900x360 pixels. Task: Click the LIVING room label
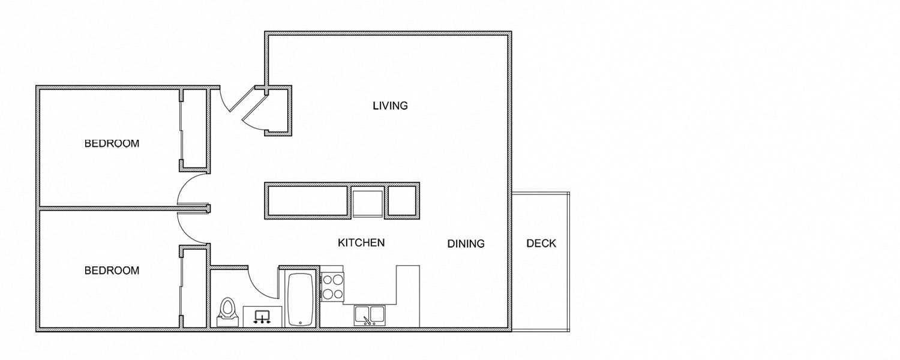(390, 106)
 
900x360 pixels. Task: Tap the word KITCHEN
(361, 243)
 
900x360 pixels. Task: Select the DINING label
(466, 244)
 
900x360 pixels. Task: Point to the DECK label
(541, 244)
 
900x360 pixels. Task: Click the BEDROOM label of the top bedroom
(112, 144)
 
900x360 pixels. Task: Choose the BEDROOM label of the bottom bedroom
(112, 271)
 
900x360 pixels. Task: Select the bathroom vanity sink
(262, 316)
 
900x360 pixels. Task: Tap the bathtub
(299, 299)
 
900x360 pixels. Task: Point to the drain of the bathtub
(299, 322)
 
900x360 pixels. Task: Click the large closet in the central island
(307, 200)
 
